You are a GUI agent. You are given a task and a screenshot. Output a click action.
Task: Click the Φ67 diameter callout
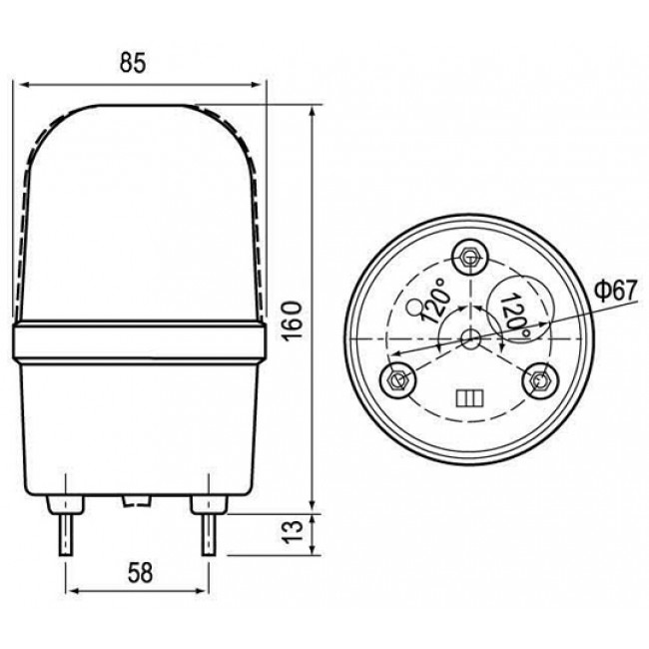pos(615,291)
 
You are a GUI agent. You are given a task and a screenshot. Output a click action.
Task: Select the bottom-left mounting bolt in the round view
pos(396,378)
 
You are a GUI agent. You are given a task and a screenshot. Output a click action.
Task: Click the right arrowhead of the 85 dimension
pos(264,84)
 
